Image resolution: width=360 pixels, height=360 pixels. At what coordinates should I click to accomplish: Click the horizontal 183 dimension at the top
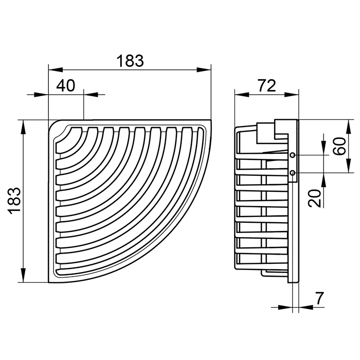129,61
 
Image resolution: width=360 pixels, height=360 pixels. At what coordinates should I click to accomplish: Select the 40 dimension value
65,85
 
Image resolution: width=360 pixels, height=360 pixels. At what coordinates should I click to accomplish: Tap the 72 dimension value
266,85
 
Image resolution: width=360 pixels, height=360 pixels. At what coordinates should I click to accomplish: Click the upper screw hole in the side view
293,155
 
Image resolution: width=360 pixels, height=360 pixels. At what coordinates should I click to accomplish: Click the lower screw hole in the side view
293,173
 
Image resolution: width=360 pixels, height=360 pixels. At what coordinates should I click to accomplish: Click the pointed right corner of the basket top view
210,122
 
